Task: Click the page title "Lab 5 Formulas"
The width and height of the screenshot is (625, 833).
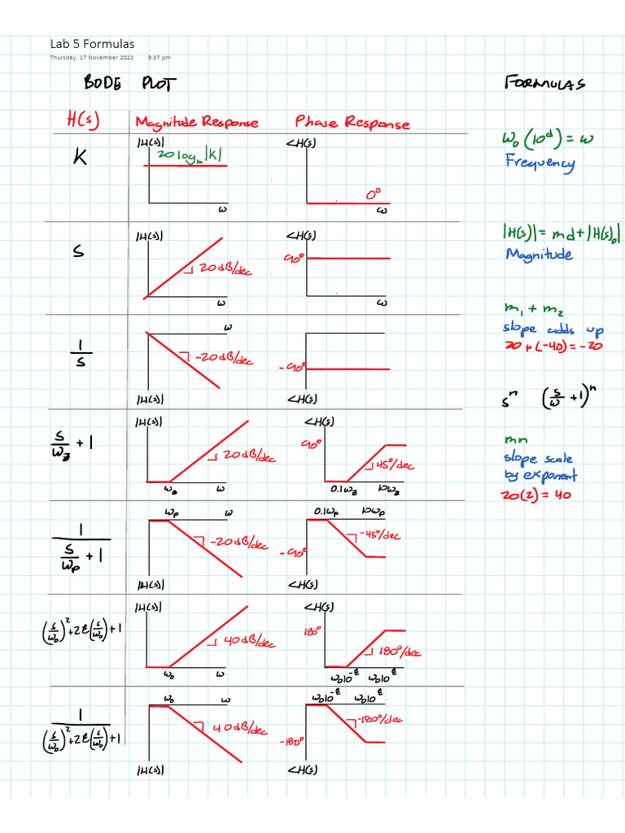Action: click(93, 44)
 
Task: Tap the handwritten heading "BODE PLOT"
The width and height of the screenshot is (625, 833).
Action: click(129, 84)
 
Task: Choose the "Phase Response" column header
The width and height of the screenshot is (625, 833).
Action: click(352, 122)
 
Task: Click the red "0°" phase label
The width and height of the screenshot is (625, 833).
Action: click(373, 195)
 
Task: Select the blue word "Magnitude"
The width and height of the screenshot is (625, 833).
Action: click(539, 255)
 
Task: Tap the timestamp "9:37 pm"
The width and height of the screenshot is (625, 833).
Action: click(160, 58)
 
